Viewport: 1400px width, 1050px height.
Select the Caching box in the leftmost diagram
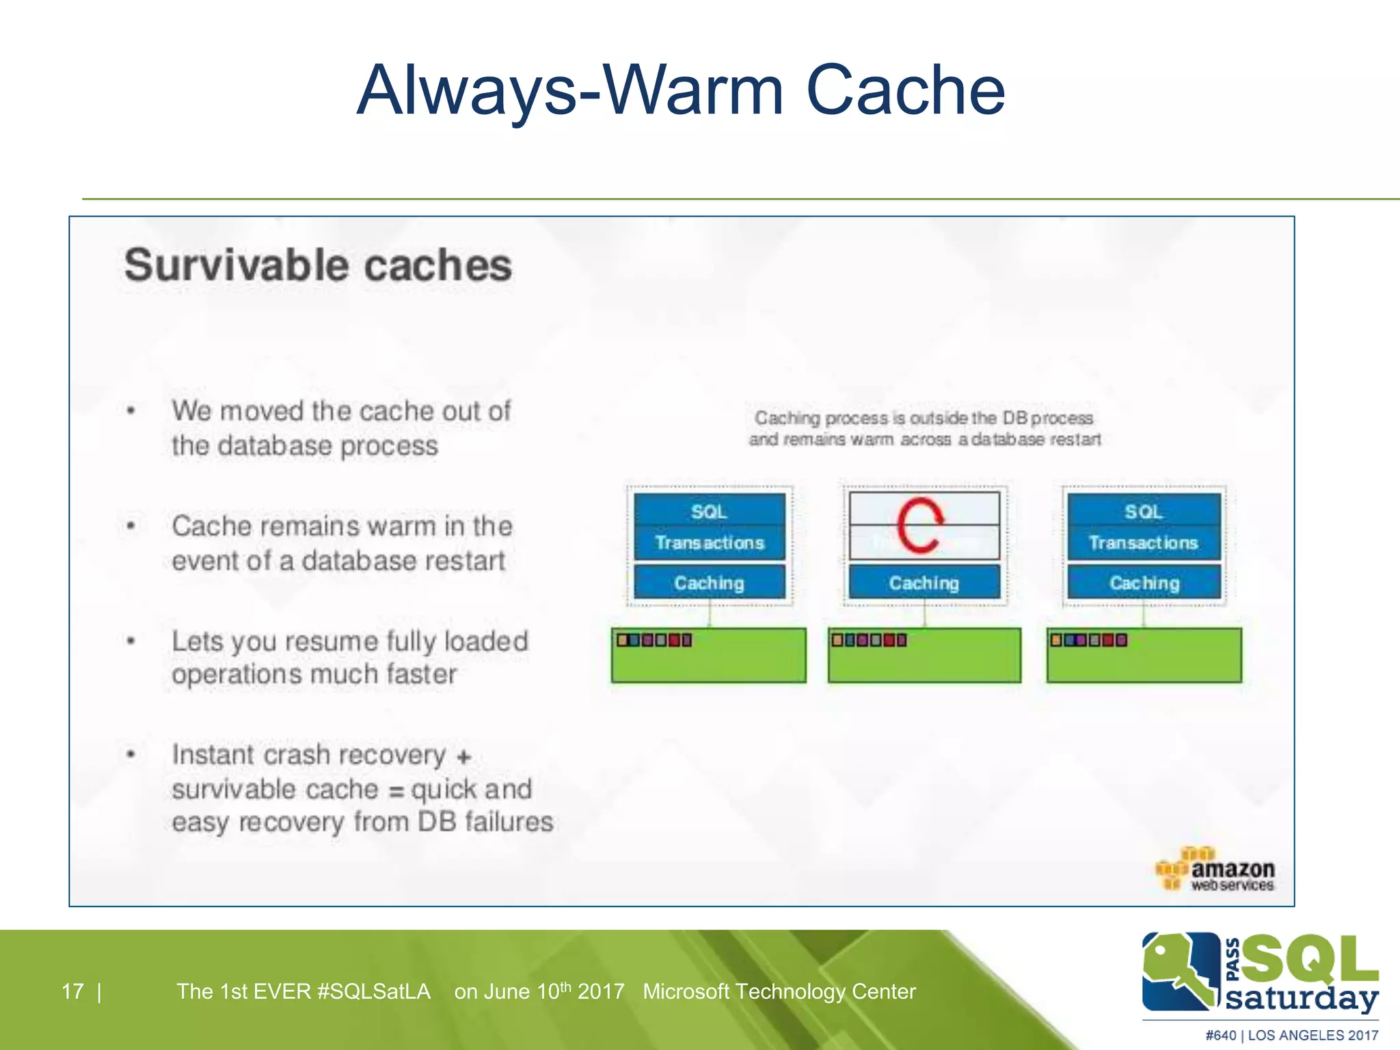tap(709, 582)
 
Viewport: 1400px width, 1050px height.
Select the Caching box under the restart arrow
tap(924, 582)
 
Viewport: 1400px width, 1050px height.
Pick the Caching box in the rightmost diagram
tap(1144, 582)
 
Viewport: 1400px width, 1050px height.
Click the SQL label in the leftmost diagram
tap(709, 511)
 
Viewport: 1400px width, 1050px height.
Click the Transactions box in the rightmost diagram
tap(1144, 543)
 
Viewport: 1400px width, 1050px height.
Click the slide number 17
tap(72, 991)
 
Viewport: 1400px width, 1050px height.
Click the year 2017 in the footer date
tap(601, 991)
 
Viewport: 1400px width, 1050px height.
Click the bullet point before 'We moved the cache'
tap(131, 411)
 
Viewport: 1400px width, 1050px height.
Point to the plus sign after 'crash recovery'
tap(464, 757)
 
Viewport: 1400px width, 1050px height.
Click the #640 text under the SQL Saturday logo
tap(1220, 1035)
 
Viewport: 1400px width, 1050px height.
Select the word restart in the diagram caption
tap(1075, 440)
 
